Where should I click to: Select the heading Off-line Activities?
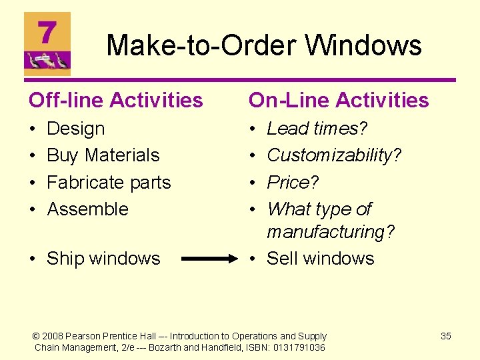[x=115, y=100]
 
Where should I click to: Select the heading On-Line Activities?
[x=339, y=100]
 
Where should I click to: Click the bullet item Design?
[x=76, y=129]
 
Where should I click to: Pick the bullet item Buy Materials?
[x=103, y=155]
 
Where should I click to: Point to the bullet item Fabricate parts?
[x=109, y=182]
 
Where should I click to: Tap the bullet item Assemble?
[x=87, y=209]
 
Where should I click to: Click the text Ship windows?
[x=103, y=259]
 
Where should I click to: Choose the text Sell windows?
[x=321, y=259]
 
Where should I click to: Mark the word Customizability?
[x=334, y=155]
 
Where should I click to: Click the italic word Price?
[x=293, y=182]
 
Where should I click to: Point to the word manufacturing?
[x=331, y=232]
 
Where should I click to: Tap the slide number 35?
[x=446, y=336]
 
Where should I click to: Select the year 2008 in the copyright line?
[x=54, y=336]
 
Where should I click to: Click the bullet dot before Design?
[x=33, y=129]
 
